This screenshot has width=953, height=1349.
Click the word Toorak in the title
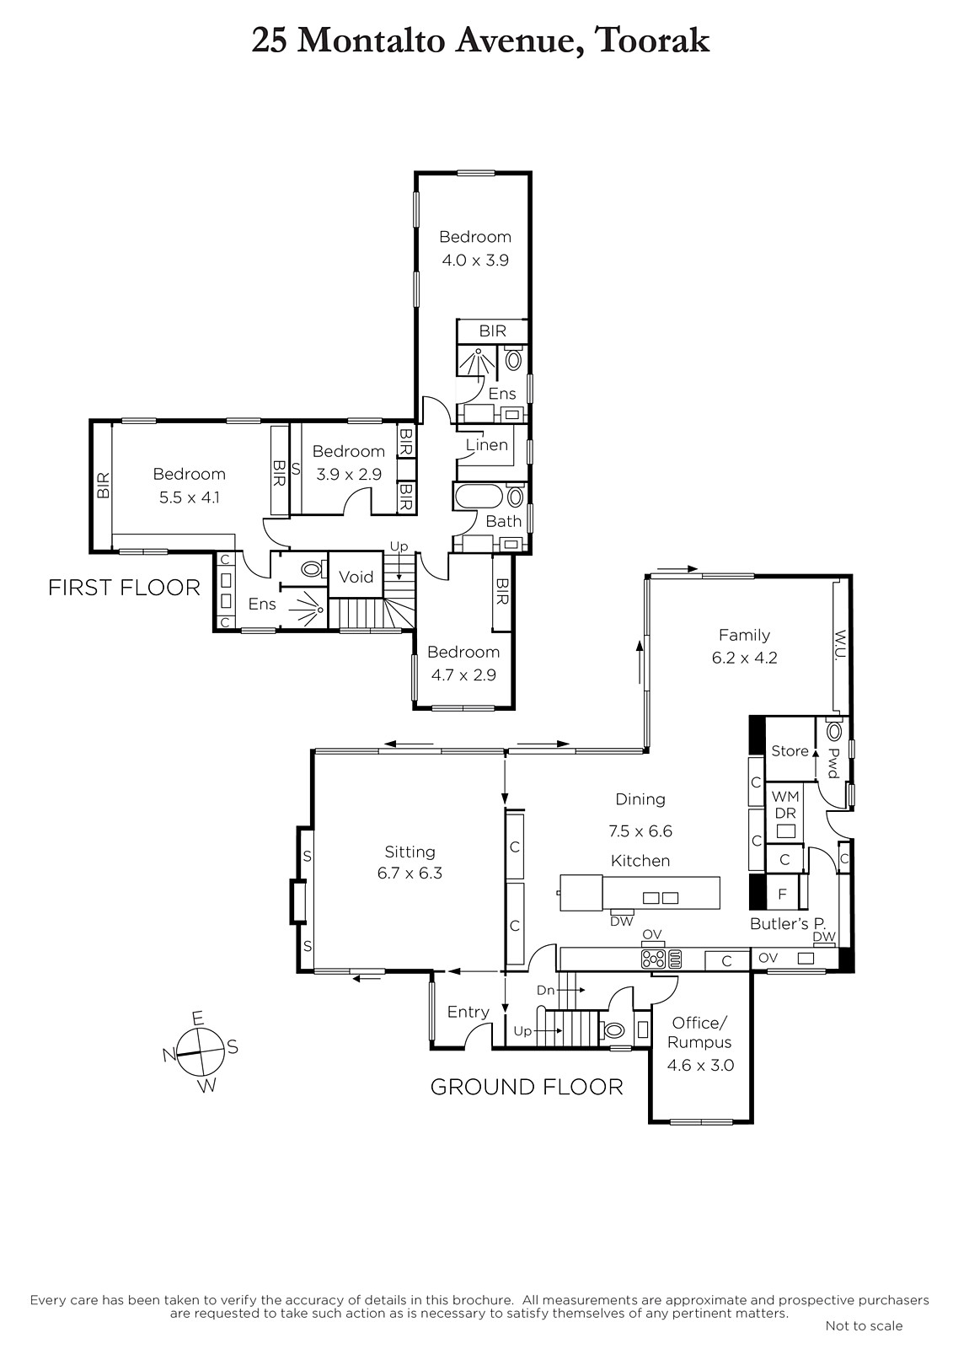pyautogui.click(x=652, y=41)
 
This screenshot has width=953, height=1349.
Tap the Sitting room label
pyautogui.click(x=410, y=852)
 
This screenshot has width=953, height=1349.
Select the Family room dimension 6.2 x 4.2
pyautogui.click(x=744, y=658)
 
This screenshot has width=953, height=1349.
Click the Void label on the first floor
pyautogui.click(x=356, y=577)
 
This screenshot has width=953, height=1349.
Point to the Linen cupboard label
pyautogui.click(x=486, y=445)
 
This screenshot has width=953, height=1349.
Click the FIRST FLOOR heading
pyautogui.click(x=124, y=587)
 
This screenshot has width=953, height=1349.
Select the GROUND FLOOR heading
pyautogui.click(x=526, y=1087)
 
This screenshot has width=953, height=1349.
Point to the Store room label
pyautogui.click(x=790, y=751)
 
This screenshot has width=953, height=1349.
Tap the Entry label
pyautogui.click(x=468, y=1012)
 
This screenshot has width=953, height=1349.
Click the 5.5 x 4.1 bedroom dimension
pyautogui.click(x=189, y=497)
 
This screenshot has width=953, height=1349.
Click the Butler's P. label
pyautogui.click(x=788, y=924)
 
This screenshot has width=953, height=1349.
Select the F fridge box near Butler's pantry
pyautogui.click(x=783, y=895)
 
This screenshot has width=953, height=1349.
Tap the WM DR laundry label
pyautogui.click(x=785, y=804)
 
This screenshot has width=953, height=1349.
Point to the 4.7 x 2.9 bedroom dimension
pyautogui.click(x=463, y=674)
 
